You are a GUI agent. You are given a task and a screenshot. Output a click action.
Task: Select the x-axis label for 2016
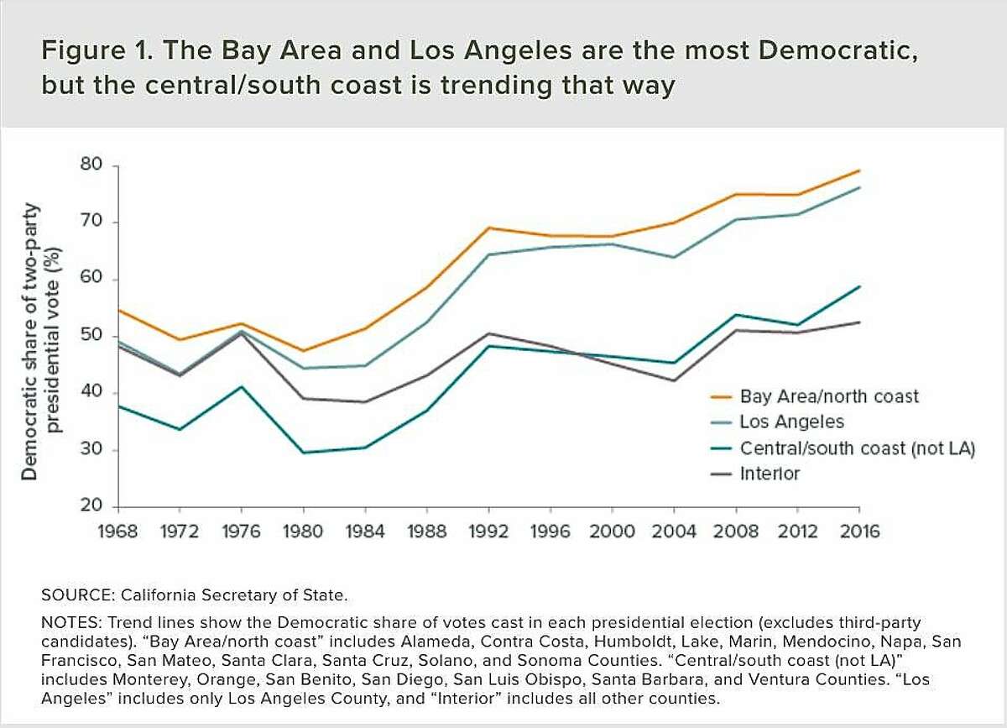point(858,532)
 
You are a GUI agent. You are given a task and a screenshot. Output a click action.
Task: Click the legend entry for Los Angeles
point(791,422)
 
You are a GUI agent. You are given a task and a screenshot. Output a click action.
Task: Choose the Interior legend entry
point(770,474)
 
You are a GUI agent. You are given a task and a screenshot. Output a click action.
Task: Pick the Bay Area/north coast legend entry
point(829,395)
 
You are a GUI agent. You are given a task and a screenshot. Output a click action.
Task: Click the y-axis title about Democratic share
point(42,336)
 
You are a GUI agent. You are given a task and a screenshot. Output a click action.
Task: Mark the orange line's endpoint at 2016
point(858,170)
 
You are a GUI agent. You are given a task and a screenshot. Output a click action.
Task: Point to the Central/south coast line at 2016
point(858,286)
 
